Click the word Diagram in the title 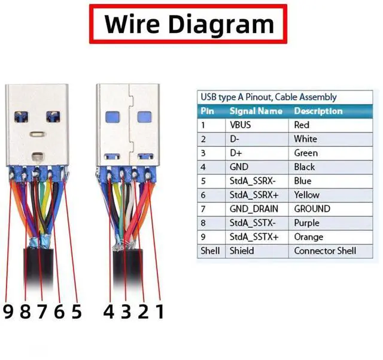221,24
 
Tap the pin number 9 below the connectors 8,311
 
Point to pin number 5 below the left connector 75,311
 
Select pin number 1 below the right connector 159,311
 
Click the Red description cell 302,125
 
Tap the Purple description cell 307,223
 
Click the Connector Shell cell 325,251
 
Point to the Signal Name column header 256,111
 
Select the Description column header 318,111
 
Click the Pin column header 207,111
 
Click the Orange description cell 308,237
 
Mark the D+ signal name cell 236,153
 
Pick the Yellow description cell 306,195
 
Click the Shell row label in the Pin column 210,251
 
